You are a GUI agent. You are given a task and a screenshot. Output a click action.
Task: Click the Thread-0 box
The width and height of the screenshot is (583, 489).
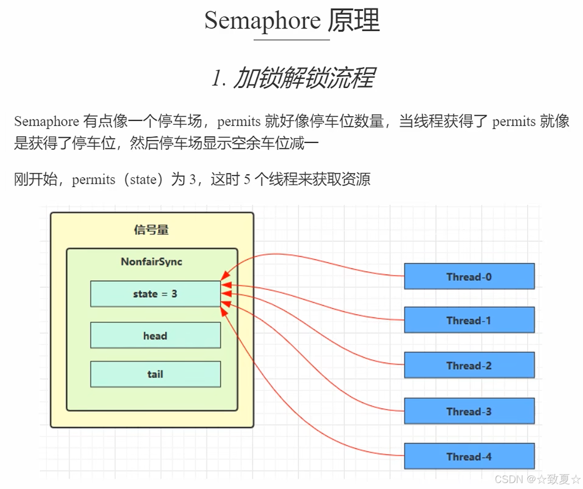click(469, 277)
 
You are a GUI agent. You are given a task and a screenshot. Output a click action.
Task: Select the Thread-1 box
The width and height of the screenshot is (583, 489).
click(469, 320)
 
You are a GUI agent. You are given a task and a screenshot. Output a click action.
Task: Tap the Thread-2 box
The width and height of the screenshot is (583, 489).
click(469, 366)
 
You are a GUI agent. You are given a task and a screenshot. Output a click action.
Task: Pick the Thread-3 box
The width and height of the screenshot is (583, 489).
click(469, 411)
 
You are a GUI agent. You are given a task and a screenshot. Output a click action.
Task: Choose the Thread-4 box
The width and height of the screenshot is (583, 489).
click(469, 456)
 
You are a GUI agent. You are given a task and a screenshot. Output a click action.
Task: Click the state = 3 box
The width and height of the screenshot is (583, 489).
click(155, 294)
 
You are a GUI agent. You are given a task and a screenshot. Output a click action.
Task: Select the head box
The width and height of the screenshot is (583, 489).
click(155, 336)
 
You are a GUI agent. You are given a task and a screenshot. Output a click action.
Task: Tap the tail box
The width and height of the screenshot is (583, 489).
click(155, 374)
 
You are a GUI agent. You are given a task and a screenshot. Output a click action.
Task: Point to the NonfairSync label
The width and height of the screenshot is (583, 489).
click(152, 261)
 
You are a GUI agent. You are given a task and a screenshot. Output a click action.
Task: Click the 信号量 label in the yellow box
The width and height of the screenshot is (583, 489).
click(151, 229)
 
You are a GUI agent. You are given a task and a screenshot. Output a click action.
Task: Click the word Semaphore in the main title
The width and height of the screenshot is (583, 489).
click(262, 21)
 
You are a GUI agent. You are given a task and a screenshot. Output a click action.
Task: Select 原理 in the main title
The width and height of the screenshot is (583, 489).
click(354, 21)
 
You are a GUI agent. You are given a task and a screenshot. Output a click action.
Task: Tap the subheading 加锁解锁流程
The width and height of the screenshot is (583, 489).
click(305, 78)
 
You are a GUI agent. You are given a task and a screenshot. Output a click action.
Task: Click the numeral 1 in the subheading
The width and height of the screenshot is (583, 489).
click(216, 78)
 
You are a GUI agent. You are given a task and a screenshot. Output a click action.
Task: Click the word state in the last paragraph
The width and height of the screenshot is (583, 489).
click(143, 179)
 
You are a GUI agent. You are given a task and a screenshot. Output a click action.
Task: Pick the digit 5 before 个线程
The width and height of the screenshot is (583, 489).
click(247, 179)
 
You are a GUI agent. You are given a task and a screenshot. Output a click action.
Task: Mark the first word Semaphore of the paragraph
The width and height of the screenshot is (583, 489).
click(46, 122)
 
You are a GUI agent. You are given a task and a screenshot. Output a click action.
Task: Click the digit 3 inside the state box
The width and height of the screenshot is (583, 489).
click(174, 294)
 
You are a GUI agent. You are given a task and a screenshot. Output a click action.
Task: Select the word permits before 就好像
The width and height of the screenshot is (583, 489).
click(239, 122)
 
